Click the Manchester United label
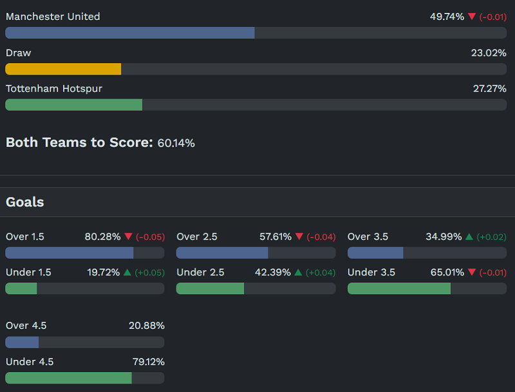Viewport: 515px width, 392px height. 53,17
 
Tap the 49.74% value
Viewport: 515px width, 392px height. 447,17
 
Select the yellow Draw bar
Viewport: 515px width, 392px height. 63,69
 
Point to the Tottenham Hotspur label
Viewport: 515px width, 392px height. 54,89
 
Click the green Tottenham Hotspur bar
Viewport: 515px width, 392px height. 73,105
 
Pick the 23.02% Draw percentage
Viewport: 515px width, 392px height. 489,53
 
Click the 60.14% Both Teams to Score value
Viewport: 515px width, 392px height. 176,143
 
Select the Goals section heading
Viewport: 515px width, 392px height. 25,202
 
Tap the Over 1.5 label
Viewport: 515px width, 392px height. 25,237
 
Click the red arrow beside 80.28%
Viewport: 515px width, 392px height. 128,237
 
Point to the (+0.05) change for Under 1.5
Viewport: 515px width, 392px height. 149,273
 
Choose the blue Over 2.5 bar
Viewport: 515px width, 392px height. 222,253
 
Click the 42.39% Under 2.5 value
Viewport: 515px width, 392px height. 273,272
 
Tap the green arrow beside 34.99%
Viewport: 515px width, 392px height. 469,237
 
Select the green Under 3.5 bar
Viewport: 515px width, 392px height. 399,288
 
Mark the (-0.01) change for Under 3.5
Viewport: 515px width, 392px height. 491,273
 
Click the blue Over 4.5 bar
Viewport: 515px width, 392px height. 22,342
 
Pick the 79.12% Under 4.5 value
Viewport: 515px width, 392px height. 147,362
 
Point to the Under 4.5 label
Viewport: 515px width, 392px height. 30,362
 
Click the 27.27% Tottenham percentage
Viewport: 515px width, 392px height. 489,89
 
